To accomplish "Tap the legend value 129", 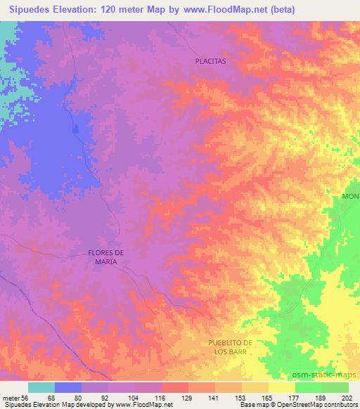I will coord(187,398).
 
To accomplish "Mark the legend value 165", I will coord(266,398).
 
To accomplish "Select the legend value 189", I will coord(320,398).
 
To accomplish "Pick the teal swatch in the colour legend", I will coord(41,387).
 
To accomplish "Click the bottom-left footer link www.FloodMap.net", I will coord(146,405).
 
